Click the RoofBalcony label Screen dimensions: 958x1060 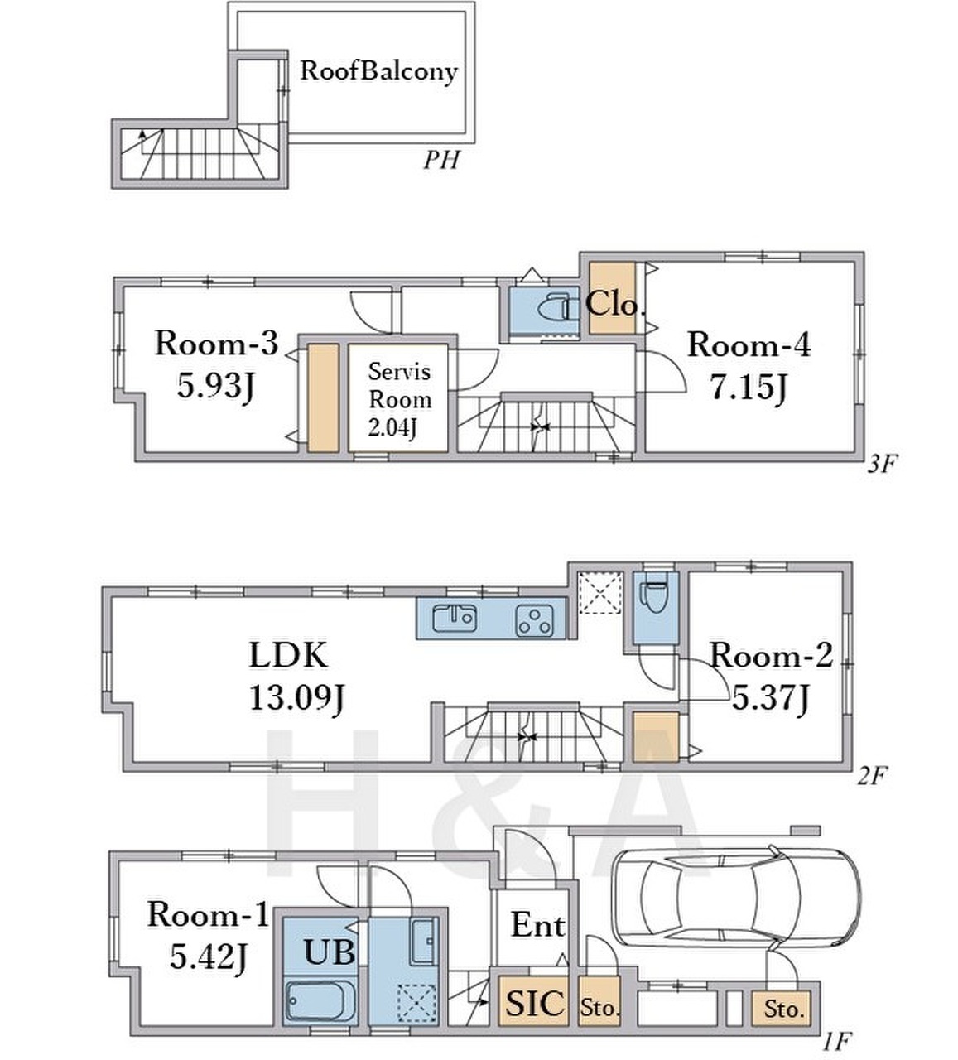pyautogui.click(x=378, y=71)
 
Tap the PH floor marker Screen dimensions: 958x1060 pyautogui.click(x=440, y=160)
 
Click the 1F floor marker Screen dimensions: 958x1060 pyautogui.click(x=836, y=1040)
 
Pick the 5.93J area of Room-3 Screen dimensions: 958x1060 pyautogui.click(x=216, y=386)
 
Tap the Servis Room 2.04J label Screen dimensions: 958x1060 pyautogui.click(x=400, y=399)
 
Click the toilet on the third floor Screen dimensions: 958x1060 pyautogui.click(x=554, y=307)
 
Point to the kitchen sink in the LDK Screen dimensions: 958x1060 pyautogui.click(x=454, y=619)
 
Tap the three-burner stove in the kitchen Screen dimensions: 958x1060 pyautogui.click(x=535, y=620)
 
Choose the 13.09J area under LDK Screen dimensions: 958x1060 pyautogui.click(x=296, y=697)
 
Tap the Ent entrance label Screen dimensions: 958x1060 pyautogui.click(x=537, y=925)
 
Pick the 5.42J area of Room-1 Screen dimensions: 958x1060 pyautogui.click(x=208, y=956)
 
